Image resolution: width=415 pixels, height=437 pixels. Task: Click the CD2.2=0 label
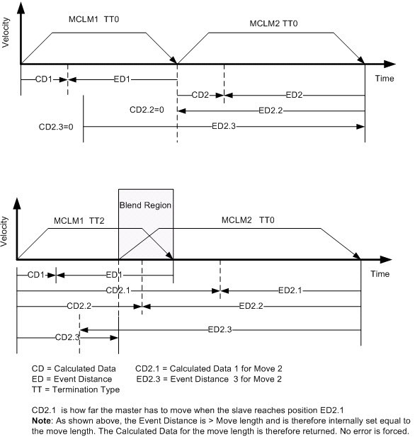coord(147,110)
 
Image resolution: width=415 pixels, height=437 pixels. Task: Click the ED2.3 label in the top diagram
coord(229,127)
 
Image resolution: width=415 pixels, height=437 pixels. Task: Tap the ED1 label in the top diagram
coord(120,79)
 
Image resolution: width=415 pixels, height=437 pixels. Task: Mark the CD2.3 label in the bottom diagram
coord(64,337)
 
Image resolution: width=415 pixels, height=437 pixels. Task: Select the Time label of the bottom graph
coord(380,273)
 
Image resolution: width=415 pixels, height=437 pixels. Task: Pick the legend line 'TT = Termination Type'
coord(76,390)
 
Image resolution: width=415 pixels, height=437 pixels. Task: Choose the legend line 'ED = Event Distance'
coord(73,380)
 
